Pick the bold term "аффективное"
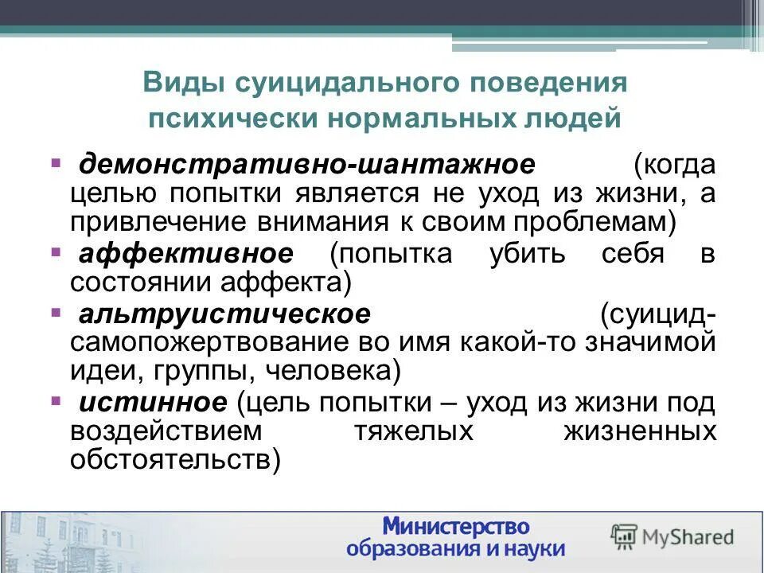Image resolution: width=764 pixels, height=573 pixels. pyautogui.click(x=186, y=254)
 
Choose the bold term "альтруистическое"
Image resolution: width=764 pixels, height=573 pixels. pyautogui.click(x=224, y=314)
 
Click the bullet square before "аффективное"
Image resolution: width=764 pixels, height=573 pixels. pyautogui.click(x=57, y=252)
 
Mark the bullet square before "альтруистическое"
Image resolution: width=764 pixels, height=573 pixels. pyautogui.click(x=57, y=312)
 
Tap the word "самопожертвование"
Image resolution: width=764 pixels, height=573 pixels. pyautogui.click(x=200, y=343)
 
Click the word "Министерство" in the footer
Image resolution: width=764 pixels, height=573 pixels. pyautogui.click(x=456, y=525)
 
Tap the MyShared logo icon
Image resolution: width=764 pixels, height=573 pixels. pyautogui.click(x=623, y=535)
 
